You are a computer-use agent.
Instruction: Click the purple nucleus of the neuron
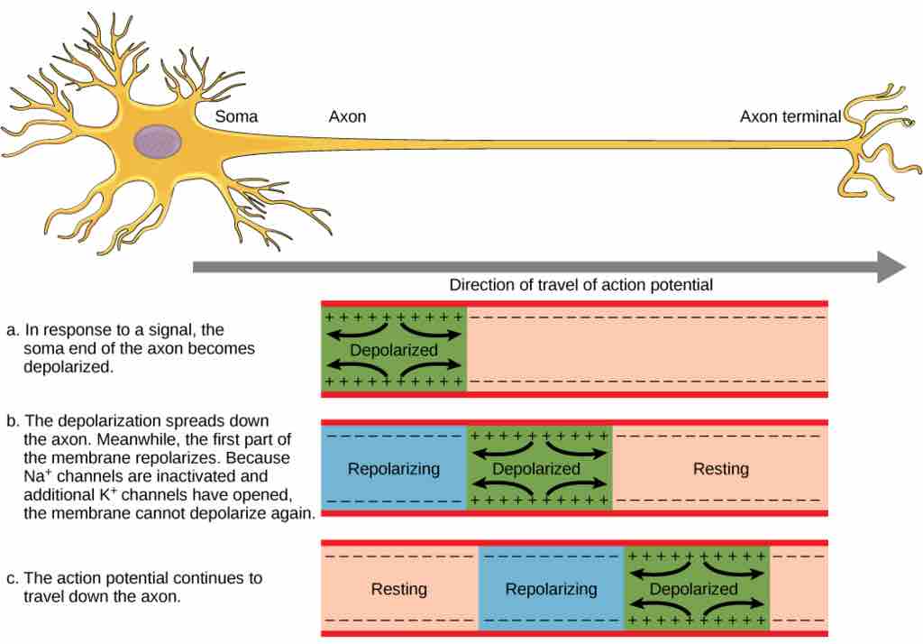(x=159, y=143)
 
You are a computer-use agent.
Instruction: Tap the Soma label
(x=236, y=116)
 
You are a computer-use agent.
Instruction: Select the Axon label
(x=347, y=116)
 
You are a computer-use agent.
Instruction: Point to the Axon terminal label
(x=790, y=116)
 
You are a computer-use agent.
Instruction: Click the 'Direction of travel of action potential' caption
(x=580, y=285)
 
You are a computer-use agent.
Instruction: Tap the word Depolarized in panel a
(x=394, y=350)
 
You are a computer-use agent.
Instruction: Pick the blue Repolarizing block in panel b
(x=394, y=469)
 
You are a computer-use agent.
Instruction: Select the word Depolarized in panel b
(x=536, y=469)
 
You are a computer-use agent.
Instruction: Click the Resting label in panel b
(x=720, y=469)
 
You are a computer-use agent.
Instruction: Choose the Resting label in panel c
(x=399, y=590)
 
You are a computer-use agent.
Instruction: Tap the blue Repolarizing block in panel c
(x=551, y=590)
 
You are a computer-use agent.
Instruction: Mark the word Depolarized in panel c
(x=693, y=590)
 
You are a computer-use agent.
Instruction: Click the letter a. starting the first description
(x=12, y=330)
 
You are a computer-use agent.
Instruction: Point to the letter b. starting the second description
(x=12, y=421)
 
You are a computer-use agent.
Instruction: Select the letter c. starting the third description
(x=12, y=578)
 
